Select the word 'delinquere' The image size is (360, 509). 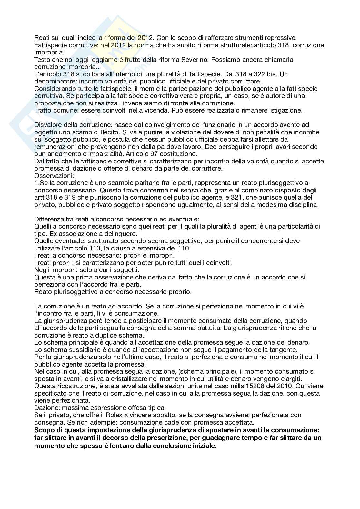pyautogui.click(x=122, y=233)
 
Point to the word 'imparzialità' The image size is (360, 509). pyautogui.click(x=108, y=154)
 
